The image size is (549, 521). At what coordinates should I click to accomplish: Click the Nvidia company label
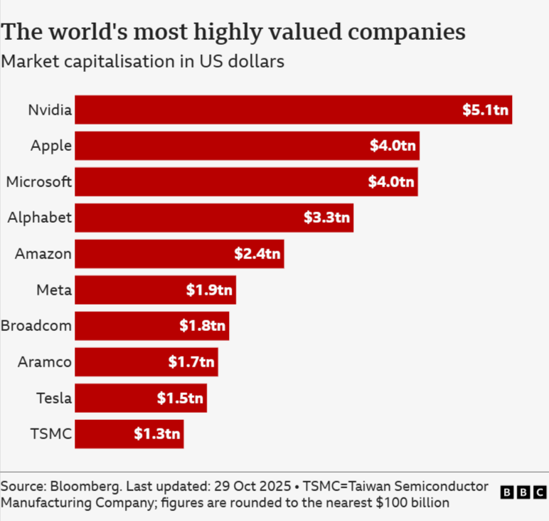pyautogui.click(x=50, y=110)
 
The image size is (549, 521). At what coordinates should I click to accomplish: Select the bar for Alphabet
pyautogui.click(x=213, y=218)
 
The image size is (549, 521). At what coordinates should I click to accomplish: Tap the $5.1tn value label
pyautogui.click(x=486, y=110)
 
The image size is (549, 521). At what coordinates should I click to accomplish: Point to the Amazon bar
pyautogui.click(x=179, y=254)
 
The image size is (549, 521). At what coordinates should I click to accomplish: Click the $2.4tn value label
pyautogui.click(x=257, y=254)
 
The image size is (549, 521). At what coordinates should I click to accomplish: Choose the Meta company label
pyautogui.click(x=53, y=290)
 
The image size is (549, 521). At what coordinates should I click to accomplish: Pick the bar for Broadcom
pyautogui.click(x=151, y=326)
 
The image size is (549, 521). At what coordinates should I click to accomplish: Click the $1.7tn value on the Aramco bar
pyautogui.click(x=191, y=362)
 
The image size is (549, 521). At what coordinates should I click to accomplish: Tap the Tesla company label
pyautogui.click(x=53, y=398)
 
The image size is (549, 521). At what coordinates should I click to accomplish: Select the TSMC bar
pyautogui.click(x=129, y=434)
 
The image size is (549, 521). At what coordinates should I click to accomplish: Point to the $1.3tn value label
pyautogui.click(x=157, y=434)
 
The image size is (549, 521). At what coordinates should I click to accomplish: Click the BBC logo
pyautogui.click(x=523, y=492)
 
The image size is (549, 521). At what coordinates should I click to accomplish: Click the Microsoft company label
pyautogui.click(x=38, y=181)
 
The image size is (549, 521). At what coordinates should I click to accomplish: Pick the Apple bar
pyautogui.click(x=247, y=146)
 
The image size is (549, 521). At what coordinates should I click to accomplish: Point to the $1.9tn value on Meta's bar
pyautogui.click(x=209, y=290)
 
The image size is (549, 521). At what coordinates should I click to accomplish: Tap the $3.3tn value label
pyautogui.click(x=327, y=218)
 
